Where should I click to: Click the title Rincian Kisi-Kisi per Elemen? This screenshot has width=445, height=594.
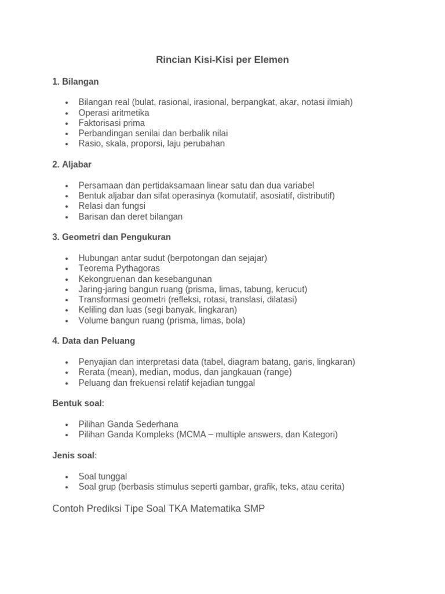[222, 60]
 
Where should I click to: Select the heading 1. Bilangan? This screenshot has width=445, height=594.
[75, 82]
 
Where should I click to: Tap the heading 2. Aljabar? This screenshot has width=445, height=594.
[72, 165]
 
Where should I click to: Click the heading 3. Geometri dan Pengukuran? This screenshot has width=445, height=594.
[111, 237]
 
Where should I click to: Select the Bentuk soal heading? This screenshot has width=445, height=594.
[78, 403]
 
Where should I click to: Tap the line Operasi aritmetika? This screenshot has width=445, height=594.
[114, 113]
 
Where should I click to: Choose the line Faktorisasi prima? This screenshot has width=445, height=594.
[112, 123]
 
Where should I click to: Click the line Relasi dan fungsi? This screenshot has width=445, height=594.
[112, 206]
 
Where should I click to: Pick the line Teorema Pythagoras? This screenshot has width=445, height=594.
[119, 269]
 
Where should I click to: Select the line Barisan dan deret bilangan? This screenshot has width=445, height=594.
[130, 216]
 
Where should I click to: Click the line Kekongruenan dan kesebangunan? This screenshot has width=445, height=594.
[145, 279]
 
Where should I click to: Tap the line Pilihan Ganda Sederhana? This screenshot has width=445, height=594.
[129, 424]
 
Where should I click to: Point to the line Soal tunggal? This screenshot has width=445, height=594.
[103, 476]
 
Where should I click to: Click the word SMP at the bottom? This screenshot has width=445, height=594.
[254, 509]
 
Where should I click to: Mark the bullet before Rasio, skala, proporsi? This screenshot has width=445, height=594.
[67, 144]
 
